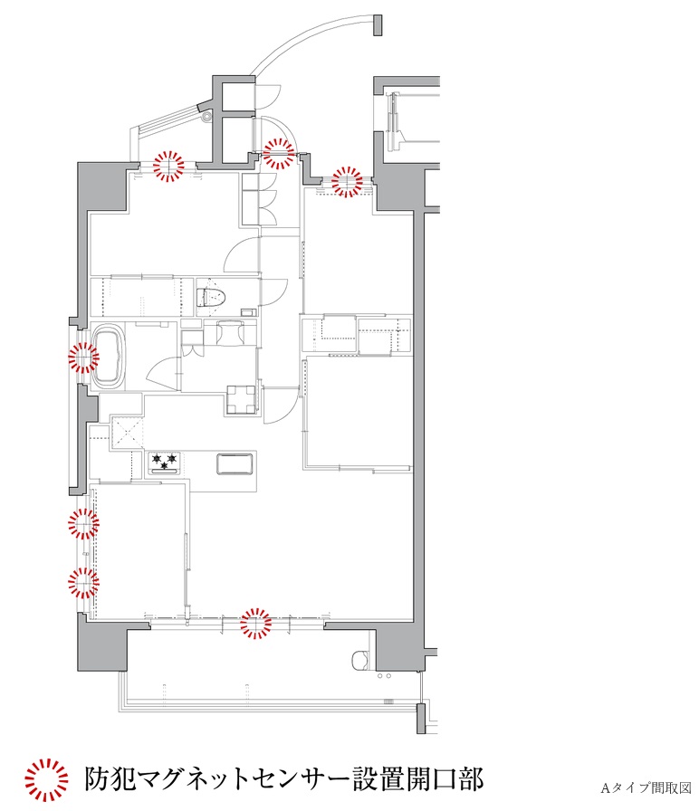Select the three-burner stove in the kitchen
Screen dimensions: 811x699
click(x=165, y=463)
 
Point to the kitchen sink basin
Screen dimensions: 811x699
click(x=235, y=463)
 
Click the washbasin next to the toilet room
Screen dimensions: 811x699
click(x=231, y=331)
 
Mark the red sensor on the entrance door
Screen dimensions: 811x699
click(x=280, y=154)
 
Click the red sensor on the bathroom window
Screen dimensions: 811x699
click(x=82, y=358)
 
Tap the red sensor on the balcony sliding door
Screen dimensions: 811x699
click(x=255, y=624)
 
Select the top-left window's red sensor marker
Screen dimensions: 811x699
click(x=168, y=165)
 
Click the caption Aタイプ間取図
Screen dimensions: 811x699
click(x=646, y=787)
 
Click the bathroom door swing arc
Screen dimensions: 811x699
click(x=161, y=370)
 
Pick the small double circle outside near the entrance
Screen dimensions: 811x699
click(x=207, y=116)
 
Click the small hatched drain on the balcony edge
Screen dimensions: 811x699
click(x=392, y=702)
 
